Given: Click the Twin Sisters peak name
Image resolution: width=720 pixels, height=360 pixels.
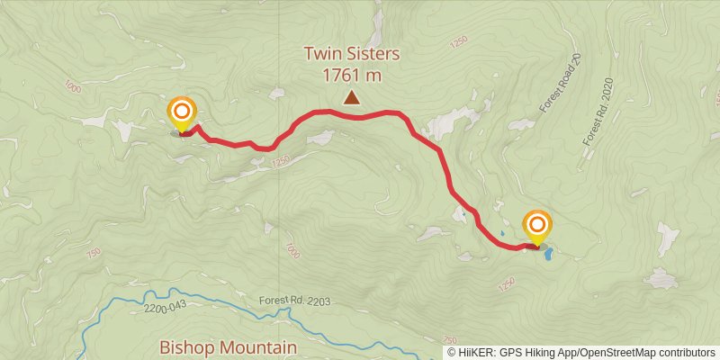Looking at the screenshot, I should coord(351,55).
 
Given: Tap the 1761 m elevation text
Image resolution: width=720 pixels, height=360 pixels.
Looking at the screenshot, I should coord(351,76).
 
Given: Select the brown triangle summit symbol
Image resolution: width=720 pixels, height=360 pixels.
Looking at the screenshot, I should coord(351,98).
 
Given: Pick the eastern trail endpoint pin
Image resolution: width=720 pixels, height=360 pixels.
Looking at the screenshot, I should coord(537,226).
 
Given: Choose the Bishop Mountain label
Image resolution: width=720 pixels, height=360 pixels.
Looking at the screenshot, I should coord(228,346).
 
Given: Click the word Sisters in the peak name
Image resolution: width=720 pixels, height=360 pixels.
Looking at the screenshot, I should coord(373,55).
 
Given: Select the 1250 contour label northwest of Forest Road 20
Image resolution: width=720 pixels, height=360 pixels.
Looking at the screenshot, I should coord(461,41).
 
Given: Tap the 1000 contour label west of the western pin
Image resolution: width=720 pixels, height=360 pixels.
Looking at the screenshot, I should coord(72,87).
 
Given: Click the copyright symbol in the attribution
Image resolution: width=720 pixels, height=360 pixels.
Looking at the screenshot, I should coord(452,353).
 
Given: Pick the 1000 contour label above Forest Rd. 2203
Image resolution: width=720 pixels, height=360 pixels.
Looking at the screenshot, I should coord(291,249).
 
